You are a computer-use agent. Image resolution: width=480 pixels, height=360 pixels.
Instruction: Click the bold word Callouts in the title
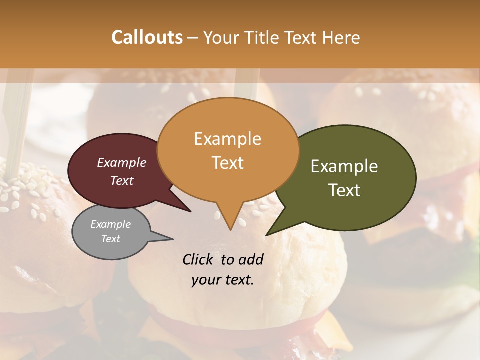pyautogui.click(x=147, y=37)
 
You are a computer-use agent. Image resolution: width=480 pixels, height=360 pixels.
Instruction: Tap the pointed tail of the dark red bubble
pyautogui.click(x=190, y=211)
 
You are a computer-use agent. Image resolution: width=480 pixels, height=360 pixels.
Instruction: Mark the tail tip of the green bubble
pyautogui.click(x=267, y=235)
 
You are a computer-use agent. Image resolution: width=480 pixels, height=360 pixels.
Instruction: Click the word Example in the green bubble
pyautogui.click(x=344, y=166)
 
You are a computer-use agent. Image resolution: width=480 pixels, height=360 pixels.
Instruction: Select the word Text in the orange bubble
pyautogui.click(x=227, y=163)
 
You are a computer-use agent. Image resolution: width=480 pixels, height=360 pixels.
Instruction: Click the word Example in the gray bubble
pyautogui.click(x=110, y=224)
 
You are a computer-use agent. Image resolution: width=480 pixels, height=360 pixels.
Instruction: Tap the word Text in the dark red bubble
pyautogui.click(x=122, y=181)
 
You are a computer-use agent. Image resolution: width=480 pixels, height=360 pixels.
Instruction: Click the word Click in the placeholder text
pyautogui.click(x=198, y=259)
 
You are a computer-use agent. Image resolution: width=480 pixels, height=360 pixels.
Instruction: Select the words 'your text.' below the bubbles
pyautogui.click(x=223, y=280)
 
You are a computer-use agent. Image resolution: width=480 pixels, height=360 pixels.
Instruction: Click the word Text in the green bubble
pyautogui.click(x=344, y=190)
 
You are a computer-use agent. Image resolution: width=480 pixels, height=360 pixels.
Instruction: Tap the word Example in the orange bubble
pyautogui.click(x=227, y=139)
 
